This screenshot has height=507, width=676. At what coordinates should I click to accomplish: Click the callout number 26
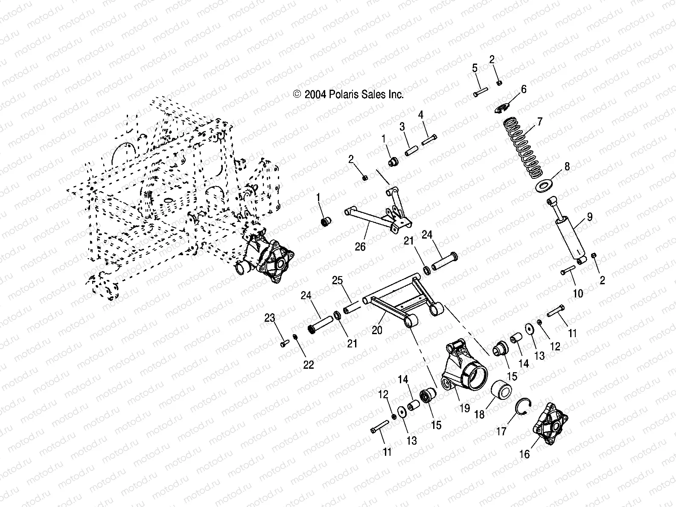360,247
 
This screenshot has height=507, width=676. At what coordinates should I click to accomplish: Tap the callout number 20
377,329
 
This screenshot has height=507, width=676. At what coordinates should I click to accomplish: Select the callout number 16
524,455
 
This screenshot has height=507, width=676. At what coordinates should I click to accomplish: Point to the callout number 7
539,122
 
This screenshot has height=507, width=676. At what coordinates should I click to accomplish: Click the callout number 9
589,216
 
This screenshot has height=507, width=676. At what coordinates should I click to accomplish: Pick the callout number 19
464,408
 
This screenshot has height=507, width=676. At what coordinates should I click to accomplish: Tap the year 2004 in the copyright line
315,95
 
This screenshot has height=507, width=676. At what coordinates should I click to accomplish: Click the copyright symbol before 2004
297,95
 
